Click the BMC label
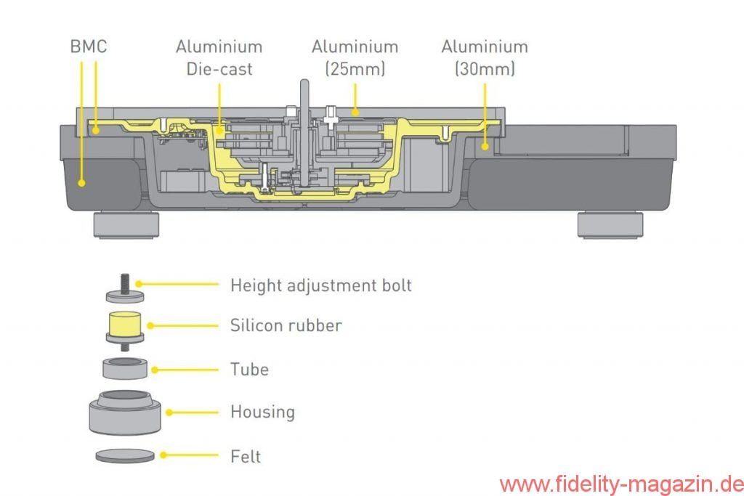point(89,46)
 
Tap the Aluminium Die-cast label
point(219,57)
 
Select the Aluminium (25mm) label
point(355,57)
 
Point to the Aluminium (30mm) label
point(485,57)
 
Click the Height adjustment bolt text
point(320,285)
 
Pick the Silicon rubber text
point(286,325)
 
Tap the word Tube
point(249,370)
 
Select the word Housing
point(262,412)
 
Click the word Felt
point(246,457)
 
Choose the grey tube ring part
point(125,367)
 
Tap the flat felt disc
point(125,456)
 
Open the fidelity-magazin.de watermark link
point(620,483)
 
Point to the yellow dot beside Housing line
point(169,412)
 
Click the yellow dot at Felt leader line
point(164,456)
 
